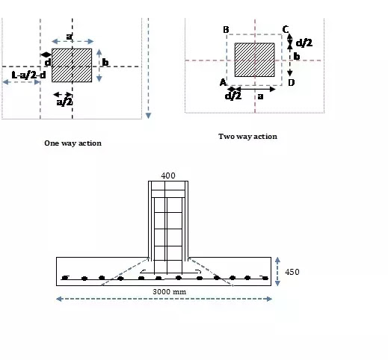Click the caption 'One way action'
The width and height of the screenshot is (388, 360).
pyautogui.click(x=73, y=143)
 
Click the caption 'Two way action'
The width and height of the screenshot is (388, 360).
pyautogui.click(x=247, y=137)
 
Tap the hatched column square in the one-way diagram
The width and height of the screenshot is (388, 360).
pyautogui.click(x=72, y=65)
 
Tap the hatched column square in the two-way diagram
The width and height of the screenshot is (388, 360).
pyautogui.click(x=255, y=60)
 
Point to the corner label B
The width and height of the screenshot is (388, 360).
pyautogui.click(x=225, y=29)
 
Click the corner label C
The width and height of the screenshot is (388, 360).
pyautogui.click(x=286, y=29)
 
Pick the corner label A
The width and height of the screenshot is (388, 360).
pyautogui.click(x=222, y=82)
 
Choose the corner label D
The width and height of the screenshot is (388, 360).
pyautogui.click(x=291, y=82)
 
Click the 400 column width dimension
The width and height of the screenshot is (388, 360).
pyautogui.click(x=168, y=176)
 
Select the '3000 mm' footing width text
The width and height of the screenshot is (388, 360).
pyautogui.click(x=165, y=291)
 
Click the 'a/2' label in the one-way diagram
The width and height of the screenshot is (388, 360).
pyautogui.click(x=64, y=102)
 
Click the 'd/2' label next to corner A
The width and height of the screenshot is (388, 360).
pyautogui.click(x=233, y=96)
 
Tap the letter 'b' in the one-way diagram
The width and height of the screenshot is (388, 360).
pyautogui.click(x=105, y=63)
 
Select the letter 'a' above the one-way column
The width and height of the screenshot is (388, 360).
pyautogui.click(x=69, y=36)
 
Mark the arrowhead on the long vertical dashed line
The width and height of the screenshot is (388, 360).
pyautogui.click(x=149, y=114)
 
